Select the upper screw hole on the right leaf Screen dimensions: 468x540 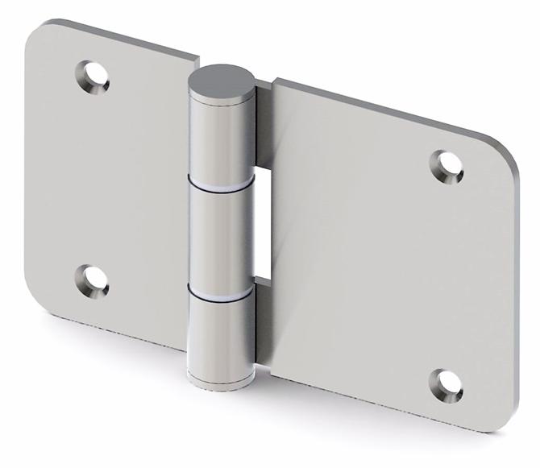coord(448,164)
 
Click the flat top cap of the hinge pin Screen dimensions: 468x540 coord(221,84)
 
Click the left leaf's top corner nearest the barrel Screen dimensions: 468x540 coord(195,60)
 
